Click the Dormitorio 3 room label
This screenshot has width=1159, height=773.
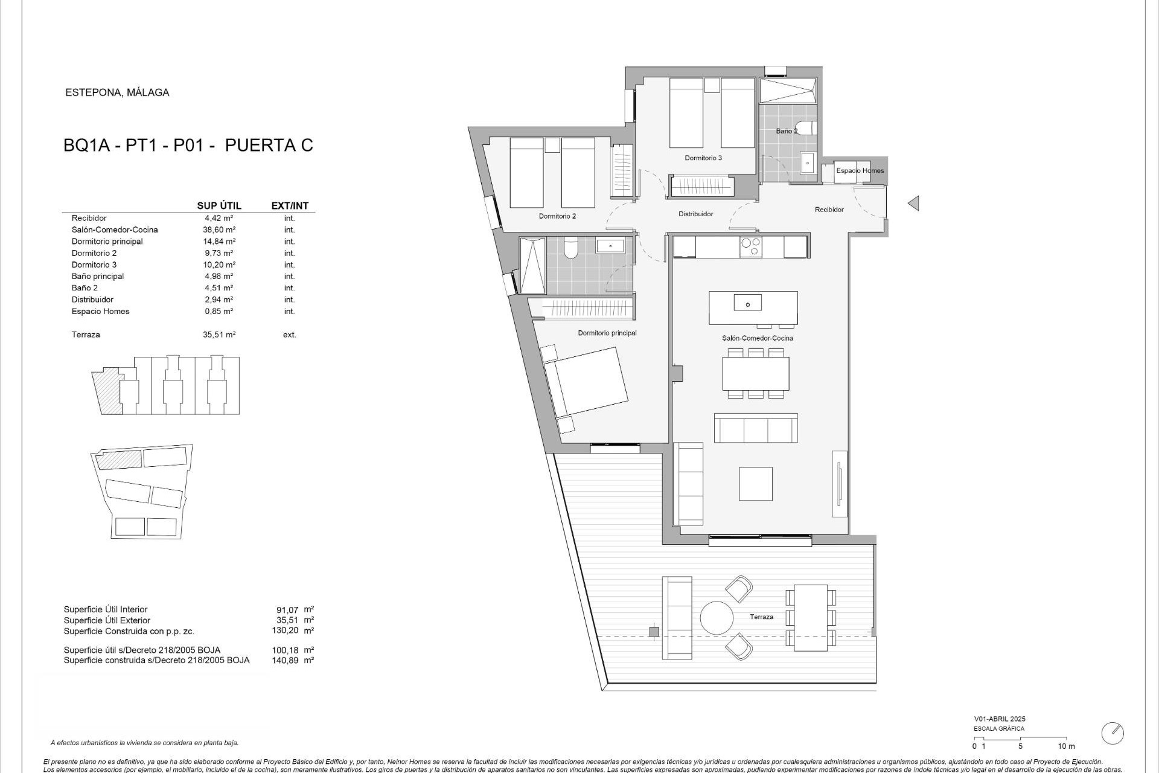703,158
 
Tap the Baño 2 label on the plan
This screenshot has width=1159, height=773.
787,131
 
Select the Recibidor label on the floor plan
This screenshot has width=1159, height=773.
829,210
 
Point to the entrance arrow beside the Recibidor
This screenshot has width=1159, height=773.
913,204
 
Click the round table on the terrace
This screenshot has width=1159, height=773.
717,617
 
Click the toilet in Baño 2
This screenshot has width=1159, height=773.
812,129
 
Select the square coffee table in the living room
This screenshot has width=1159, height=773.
756,483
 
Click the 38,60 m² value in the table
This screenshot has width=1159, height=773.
219,230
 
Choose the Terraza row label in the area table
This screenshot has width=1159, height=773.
86,335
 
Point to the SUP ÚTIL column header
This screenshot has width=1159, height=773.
219,206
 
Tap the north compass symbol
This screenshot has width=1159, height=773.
1112,733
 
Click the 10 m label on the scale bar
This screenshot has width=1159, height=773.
1066,746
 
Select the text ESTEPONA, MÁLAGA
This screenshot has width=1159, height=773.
117,92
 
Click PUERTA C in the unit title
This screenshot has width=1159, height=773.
269,146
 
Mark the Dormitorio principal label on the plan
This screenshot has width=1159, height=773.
607,333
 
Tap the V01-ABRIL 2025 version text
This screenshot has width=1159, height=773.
999,719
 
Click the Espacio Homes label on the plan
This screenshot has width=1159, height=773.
860,171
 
